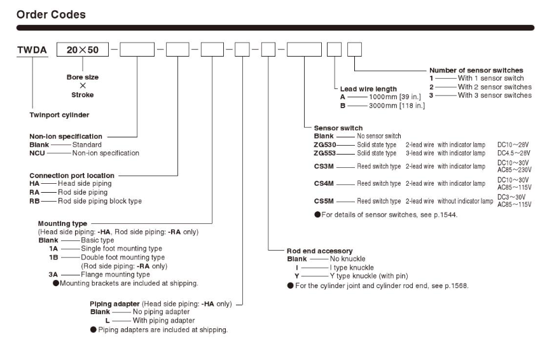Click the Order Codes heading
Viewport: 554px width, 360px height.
pyautogui.click(x=51, y=15)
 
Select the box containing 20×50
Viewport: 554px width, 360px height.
pyautogui.click(x=83, y=50)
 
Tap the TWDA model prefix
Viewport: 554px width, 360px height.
pyautogui.click(x=32, y=50)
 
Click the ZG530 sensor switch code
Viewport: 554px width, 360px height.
pyautogui.click(x=324, y=144)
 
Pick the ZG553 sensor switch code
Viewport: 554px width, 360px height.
pyautogui.click(x=324, y=153)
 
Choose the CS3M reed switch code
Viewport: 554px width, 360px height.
pyautogui.click(x=324, y=166)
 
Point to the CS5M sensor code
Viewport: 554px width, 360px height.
pyautogui.click(x=324, y=201)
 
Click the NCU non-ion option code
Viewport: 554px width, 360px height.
pyautogui.click(x=37, y=153)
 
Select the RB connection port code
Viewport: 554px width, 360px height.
pyautogui.click(x=34, y=201)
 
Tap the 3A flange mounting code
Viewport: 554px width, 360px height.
pyautogui.click(x=53, y=275)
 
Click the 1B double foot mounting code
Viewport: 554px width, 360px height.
pyautogui.click(x=53, y=257)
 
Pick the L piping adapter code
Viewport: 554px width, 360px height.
pyautogui.click(x=107, y=321)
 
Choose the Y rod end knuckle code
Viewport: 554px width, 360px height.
pyautogui.click(x=297, y=276)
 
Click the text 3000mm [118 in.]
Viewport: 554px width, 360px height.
pyautogui.click(x=397, y=106)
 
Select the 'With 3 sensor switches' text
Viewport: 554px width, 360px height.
pyautogui.click(x=495, y=95)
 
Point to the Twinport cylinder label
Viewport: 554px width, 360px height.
pyautogui.click(x=59, y=115)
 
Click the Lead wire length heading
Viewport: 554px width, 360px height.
pyautogui.click(x=368, y=89)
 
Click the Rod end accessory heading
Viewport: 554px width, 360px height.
pyautogui.click(x=320, y=251)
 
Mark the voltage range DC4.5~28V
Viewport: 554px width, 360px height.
pyautogui.click(x=514, y=153)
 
